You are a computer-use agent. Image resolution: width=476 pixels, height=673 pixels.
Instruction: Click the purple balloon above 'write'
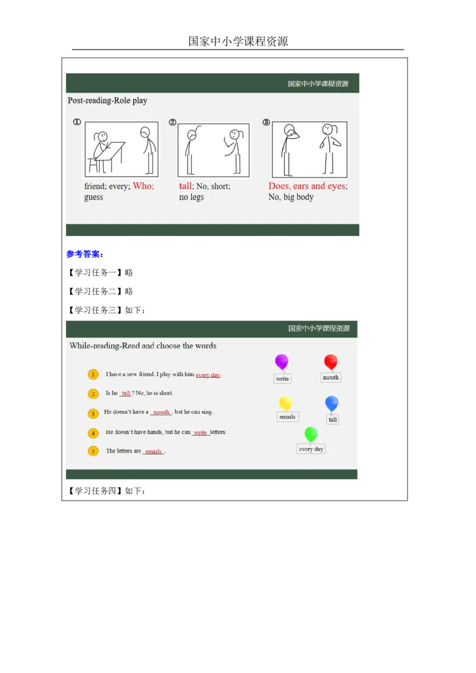281,361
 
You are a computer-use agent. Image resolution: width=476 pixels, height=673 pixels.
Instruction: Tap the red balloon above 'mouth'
331,361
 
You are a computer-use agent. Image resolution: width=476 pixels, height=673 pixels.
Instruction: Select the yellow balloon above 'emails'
286,403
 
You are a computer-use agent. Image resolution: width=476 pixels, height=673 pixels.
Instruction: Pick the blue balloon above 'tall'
332,403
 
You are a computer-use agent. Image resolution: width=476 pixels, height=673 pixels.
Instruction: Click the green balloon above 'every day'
311,434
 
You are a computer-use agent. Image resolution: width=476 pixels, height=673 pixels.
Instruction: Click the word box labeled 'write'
283,379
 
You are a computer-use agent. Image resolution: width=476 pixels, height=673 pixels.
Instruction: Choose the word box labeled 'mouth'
331,378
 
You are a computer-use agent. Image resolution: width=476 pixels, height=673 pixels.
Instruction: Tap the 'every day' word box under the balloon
311,449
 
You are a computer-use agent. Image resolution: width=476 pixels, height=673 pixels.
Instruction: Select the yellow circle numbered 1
93,375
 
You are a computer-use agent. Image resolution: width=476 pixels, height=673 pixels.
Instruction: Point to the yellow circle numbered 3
93,413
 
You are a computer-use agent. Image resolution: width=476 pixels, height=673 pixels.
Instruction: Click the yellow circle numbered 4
93,433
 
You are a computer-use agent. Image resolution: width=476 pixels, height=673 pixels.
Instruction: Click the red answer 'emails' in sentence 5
154,451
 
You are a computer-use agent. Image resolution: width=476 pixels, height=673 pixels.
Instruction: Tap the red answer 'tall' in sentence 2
126,393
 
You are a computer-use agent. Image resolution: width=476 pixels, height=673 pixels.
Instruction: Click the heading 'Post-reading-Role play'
107,100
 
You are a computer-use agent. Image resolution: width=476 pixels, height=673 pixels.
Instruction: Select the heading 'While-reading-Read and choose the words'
143,345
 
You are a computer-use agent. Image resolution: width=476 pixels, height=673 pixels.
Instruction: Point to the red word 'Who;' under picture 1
143,186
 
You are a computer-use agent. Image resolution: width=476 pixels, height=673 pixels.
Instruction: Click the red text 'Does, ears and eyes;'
308,186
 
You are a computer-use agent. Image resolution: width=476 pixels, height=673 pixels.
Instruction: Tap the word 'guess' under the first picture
93,197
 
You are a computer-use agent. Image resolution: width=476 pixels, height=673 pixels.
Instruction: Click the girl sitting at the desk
102,149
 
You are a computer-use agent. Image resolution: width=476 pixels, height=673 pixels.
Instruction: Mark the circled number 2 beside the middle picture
173,122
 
